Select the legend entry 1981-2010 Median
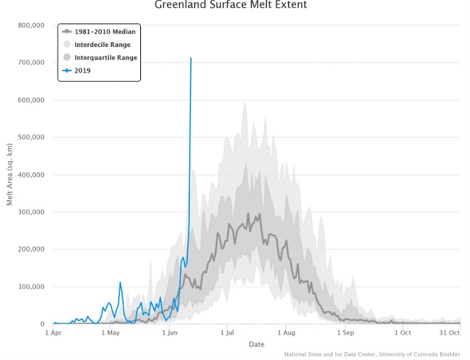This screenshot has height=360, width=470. [105, 31]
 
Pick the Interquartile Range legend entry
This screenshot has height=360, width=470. [105, 57]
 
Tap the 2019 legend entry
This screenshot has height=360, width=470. [83, 70]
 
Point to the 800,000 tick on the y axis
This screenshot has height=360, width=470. [31, 25]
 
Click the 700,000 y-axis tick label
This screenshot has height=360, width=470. [31, 63]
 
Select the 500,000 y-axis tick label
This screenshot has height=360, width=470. [31, 138]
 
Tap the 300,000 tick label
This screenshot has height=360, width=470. [31, 212]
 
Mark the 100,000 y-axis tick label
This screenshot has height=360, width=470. [31, 287]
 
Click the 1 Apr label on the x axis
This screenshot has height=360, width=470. [54, 332]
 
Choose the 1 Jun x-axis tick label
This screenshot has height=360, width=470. [169, 332]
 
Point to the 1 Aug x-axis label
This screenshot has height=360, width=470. [286, 332]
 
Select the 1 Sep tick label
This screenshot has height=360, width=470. [345, 332]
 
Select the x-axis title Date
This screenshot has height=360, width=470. [256, 345]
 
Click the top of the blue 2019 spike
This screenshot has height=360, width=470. [191, 58]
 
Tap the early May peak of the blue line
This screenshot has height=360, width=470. [120, 283]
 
